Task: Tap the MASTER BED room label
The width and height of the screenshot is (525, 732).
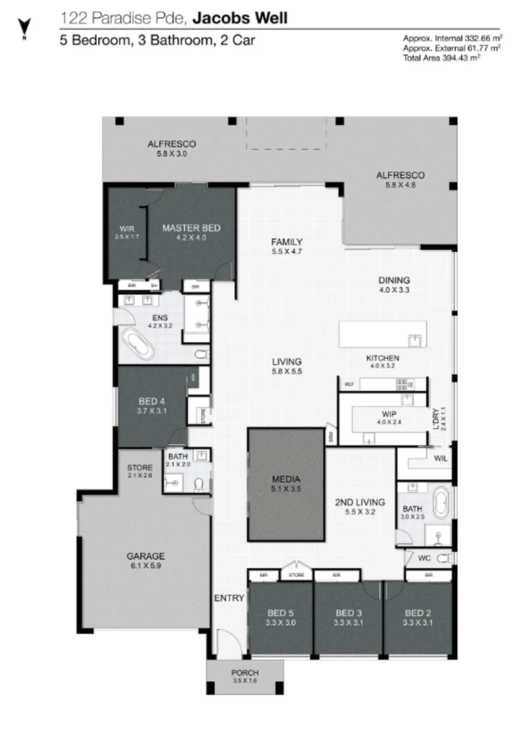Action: coord(191,228)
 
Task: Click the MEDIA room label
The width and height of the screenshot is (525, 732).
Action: coord(286,479)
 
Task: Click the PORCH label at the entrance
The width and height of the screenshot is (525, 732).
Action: coord(245,672)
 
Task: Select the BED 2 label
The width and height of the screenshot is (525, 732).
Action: coord(417,613)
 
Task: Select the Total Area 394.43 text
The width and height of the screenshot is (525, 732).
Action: coord(442,58)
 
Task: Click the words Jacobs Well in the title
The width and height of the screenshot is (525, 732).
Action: coord(250,18)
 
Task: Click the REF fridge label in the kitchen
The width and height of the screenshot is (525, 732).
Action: coord(350,384)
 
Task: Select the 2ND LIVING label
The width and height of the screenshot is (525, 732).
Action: coord(360,502)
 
